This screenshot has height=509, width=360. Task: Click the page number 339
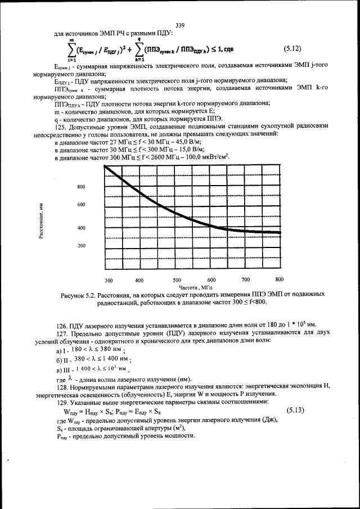click(181, 25)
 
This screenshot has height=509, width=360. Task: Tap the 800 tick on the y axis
click(81, 187)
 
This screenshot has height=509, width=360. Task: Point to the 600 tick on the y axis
click(81, 205)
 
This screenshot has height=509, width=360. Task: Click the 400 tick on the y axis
click(81, 228)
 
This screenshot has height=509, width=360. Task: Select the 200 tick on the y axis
click(81, 246)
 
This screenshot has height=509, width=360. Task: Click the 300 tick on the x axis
click(109, 280)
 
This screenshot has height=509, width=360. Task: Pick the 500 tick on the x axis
click(177, 280)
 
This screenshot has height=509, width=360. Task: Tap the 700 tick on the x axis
click(245, 280)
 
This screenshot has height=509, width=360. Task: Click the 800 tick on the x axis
click(279, 280)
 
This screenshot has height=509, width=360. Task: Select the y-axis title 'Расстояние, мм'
click(42, 220)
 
